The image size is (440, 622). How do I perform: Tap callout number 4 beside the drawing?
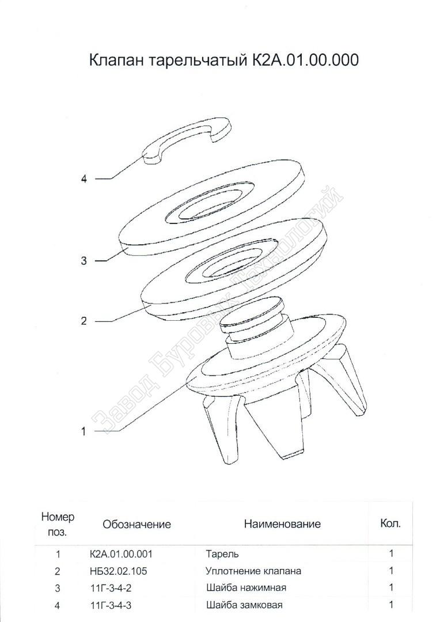pyautogui.click(x=84, y=179)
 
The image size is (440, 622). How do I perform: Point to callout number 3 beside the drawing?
pyautogui.click(x=84, y=261)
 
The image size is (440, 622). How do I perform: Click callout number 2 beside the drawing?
pyautogui.click(x=84, y=321)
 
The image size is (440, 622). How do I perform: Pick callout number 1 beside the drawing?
pyautogui.click(x=84, y=431)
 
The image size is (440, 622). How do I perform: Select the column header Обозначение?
pyautogui.click(x=137, y=524)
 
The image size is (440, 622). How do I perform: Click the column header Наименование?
pyautogui.click(x=282, y=524)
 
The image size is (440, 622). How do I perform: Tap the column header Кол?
pyautogui.click(x=390, y=524)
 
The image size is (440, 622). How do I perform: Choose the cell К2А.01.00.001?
pyautogui.click(x=121, y=553)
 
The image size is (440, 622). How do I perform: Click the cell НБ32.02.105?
pyautogui.click(x=118, y=571)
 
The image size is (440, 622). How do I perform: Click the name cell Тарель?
pyautogui.click(x=222, y=553)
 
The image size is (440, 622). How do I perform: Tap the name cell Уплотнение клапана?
pyautogui.click(x=253, y=571)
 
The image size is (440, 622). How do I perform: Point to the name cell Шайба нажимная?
pyautogui.click(x=246, y=587)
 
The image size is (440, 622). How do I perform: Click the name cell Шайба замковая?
pyautogui.click(x=244, y=605)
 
